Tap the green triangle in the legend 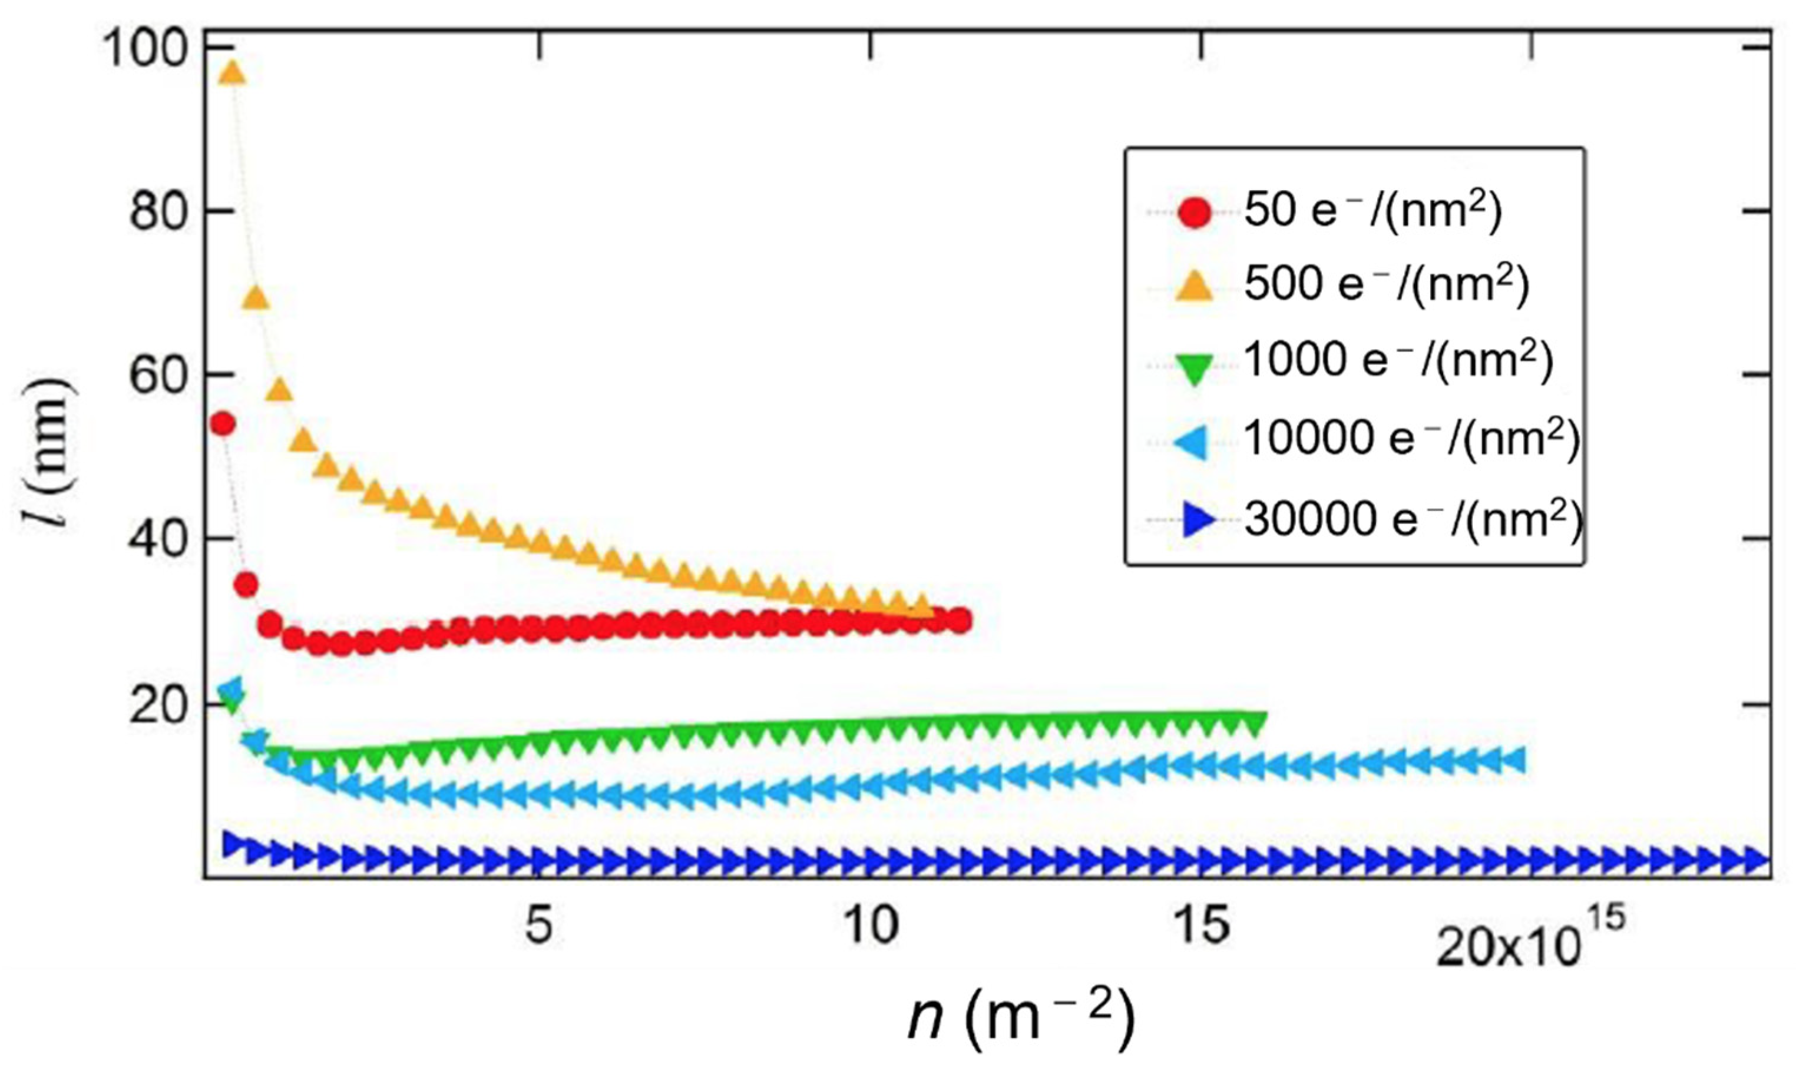[x=1194, y=369]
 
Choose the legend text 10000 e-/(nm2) [x=1412, y=439]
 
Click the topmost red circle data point [x=221, y=424]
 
